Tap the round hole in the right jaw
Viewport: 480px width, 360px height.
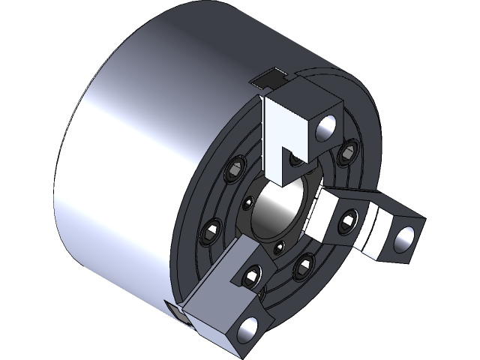tap(406, 238)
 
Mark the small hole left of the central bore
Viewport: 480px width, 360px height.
tap(247, 202)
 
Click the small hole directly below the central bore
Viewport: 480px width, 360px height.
tap(278, 247)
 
